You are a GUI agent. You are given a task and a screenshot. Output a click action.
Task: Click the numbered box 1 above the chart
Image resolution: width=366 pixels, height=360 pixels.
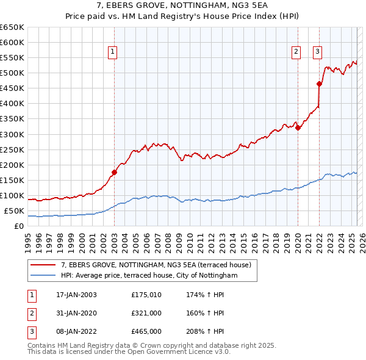click(113, 52)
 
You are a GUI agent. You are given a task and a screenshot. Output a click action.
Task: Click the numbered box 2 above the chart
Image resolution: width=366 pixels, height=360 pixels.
click(296, 52)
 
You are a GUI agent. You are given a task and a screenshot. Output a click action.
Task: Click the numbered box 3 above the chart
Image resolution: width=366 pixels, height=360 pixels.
click(318, 52)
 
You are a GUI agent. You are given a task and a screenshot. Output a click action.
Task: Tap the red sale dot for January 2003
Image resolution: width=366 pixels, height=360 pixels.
click(114, 172)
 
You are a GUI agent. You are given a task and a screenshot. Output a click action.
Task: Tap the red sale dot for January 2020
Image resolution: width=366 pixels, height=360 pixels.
click(298, 128)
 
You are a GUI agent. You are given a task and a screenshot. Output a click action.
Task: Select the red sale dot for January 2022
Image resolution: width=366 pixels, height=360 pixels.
click(319, 84)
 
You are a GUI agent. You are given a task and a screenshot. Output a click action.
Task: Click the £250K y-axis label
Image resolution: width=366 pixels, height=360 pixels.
click(12, 149)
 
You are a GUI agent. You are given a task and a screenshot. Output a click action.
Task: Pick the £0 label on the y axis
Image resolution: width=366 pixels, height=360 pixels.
click(19, 226)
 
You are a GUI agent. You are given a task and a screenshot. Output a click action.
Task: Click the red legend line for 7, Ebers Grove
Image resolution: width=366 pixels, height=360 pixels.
click(43, 265)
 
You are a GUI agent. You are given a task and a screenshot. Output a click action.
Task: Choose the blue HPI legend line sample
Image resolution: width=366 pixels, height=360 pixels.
click(43, 275)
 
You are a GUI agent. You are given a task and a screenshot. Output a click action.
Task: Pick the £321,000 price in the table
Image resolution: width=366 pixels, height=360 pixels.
click(146, 313)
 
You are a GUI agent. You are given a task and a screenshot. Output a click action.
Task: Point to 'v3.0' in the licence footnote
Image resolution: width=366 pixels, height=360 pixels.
click(221, 351)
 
